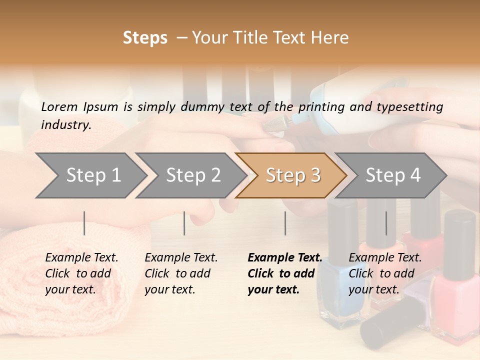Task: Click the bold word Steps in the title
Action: (145, 38)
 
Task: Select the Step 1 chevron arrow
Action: (93, 175)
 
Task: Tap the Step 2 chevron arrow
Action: (193, 175)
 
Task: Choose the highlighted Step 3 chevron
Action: (292, 175)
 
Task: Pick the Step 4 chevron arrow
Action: (392, 175)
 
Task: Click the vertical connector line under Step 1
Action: (84, 223)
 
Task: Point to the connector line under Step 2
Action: (184, 223)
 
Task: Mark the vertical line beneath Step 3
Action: (285, 223)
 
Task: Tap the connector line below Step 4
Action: (386, 223)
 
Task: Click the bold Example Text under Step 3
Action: (284, 273)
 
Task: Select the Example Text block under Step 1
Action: (81, 273)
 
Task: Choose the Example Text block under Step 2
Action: (181, 273)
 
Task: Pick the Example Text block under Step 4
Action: (385, 273)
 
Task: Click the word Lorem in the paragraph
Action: (59, 106)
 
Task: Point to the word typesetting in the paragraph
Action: (411, 107)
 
